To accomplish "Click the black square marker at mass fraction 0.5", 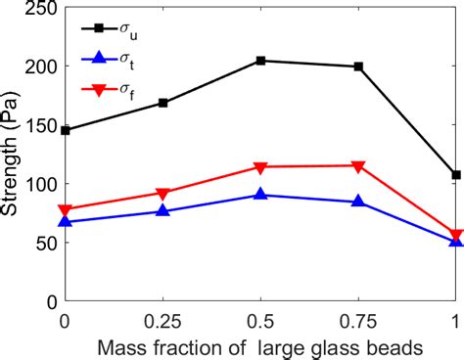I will [x=260, y=61].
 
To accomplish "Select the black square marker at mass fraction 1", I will [x=455, y=175].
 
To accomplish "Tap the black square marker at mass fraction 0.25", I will [x=162, y=103].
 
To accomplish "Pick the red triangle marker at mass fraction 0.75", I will [x=357, y=166].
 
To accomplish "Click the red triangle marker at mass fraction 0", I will [x=66, y=210].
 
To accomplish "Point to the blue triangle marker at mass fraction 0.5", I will [x=260, y=195].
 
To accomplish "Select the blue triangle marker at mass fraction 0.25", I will [x=162, y=210].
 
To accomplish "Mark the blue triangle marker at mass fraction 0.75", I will [x=357, y=201].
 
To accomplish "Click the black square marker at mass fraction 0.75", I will [x=357, y=67].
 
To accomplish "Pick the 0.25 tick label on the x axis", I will [x=162, y=320].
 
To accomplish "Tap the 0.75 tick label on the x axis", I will [x=357, y=320].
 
